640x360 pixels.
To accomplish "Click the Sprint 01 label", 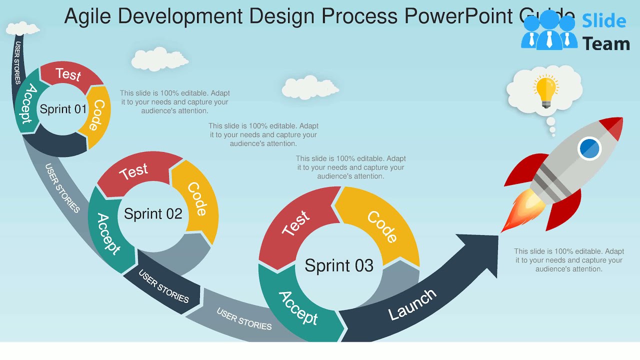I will (63, 109).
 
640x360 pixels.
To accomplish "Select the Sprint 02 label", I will (153, 214).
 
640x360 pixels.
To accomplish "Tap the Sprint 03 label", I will (339, 265).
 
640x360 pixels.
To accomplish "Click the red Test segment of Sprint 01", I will (68, 74).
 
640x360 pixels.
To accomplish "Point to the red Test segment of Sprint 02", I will (134, 172).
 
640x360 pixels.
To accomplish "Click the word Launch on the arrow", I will (412, 304).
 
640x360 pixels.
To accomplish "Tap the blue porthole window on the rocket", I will (589, 148).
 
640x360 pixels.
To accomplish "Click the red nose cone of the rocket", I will (612, 127).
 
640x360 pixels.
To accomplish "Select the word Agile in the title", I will (88, 16).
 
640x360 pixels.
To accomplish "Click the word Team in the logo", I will (605, 44).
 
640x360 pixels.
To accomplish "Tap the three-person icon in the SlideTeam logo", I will (548, 32).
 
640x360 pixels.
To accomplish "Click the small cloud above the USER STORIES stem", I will (23, 28).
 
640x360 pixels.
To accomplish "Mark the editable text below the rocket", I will (569, 260).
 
